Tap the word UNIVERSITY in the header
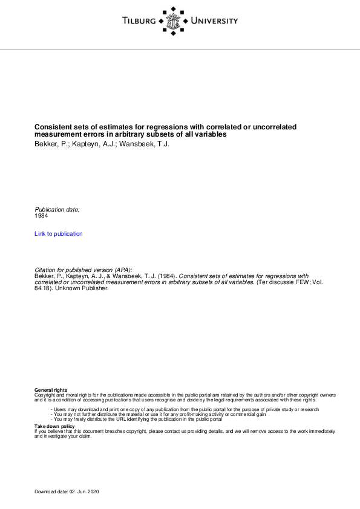pyautogui.click(x=214, y=21)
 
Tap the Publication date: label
pyautogui.click(x=57, y=210)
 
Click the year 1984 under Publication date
pyautogui.click(x=41, y=216)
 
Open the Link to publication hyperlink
pyautogui.click(x=59, y=234)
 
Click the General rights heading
pyautogui.click(x=51, y=390)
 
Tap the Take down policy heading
pyautogui.click(x=54, y=426)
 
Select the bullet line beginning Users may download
pyautogui.click(x=185, y=409)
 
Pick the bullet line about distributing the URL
pyautogui.click(x=137, y=419)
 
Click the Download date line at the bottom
pyautogui.click(x=67, y=493)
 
